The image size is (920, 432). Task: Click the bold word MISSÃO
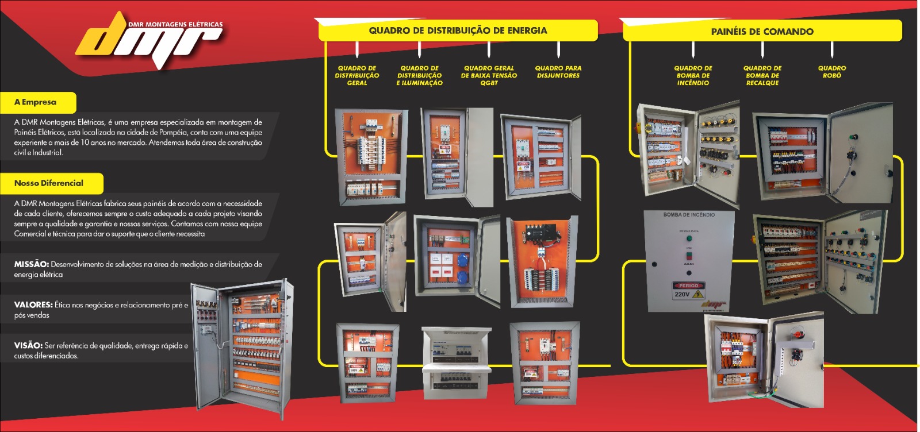tap(31, 264)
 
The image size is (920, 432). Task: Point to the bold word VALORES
tap(33, 305)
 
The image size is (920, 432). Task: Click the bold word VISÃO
tap(28, 346)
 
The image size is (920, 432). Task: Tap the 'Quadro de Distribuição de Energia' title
tap(458, 30)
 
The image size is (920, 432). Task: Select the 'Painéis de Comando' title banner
tap(762, 32)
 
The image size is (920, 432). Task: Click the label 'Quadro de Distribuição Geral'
tap(357, 75)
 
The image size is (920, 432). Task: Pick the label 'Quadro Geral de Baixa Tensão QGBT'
tap(489, 75)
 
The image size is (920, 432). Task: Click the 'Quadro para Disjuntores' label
tap(558, 72)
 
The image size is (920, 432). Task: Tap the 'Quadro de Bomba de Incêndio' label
tap(693, 75)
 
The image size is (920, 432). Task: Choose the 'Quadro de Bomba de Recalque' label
tap(762, 75)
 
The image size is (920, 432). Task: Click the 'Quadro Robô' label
tap(832, 72)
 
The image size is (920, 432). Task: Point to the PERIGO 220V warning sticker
tap(688, 291)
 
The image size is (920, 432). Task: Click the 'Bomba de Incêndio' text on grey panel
tap(689, 215)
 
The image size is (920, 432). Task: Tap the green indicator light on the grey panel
tap(689, 238)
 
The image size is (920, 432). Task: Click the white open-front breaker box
tap(457, 362)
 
